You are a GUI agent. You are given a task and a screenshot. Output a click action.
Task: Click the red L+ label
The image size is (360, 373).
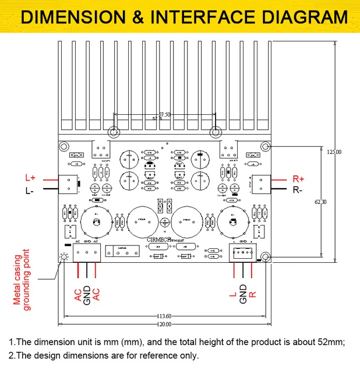tap(30, 177)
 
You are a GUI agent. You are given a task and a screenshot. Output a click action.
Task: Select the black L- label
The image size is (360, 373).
tap(30, 191)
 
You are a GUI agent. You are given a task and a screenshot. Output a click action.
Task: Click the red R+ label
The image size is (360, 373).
tap(298, 178)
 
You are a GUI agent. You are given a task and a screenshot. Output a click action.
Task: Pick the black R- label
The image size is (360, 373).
tap(298, 190)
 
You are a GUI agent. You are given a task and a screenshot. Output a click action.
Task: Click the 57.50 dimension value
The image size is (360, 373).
tap(165, 115)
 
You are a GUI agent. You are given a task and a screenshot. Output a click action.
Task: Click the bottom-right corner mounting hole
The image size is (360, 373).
tap(265, 256)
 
